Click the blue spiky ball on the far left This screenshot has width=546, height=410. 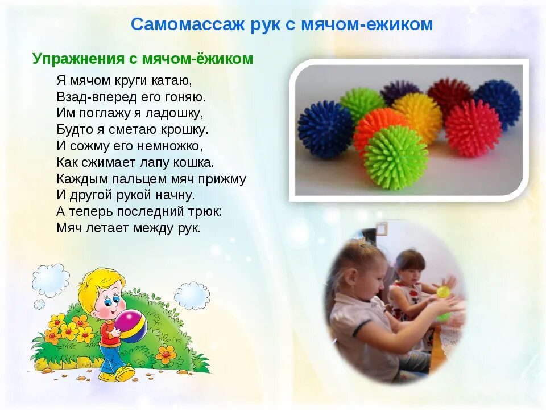tap(325, 129)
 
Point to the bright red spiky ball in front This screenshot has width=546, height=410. tap(473, 128)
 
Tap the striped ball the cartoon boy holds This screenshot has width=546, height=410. tap(131, 326)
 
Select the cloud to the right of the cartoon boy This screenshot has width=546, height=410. tap(192, 296)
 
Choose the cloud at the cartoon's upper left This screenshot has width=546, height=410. tap(50, 280)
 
